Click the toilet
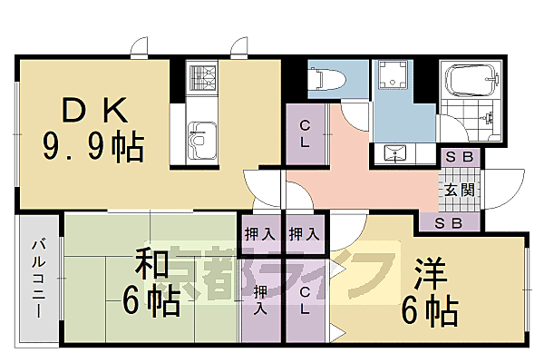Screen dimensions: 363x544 click(323, 80)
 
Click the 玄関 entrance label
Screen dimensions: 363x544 click(458, 190)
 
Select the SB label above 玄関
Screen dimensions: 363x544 click(460, 157)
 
